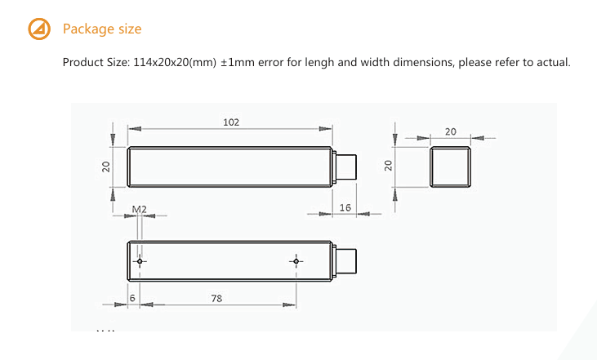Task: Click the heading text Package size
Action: click(102, 29)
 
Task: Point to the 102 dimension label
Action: click(231, 122)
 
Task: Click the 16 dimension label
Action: click(345, 208)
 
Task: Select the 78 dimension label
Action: click(216, 299)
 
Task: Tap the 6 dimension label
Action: click(132, 299)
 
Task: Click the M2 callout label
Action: click(140, 209)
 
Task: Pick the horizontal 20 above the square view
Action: click(450, 131)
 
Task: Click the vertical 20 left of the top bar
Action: click(106, 167)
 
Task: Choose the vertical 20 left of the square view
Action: click(389, 167)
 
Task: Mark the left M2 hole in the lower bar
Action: click(140, 262)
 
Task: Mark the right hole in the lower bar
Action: click(296, 262)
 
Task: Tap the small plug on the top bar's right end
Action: click(346, 167)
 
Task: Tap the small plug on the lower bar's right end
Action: click(346, 261)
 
